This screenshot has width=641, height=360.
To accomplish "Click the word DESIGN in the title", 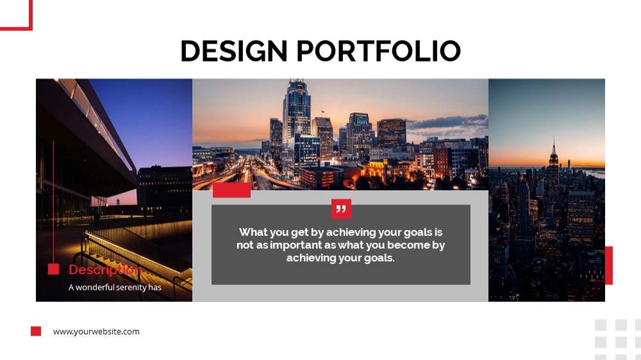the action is tap(234, 51).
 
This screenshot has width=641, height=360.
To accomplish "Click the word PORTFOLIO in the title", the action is tap(379, 51).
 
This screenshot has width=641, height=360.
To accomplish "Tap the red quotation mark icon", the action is tap(342, 209).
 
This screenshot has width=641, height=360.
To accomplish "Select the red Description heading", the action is tap(105, 270).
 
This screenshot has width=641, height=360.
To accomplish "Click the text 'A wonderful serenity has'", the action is tap(115, 287).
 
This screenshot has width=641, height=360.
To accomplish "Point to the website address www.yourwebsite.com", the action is tap(96, 331).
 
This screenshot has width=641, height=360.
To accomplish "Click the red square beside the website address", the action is tap(36, 331).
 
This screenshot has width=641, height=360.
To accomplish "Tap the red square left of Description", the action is tap(54, 269).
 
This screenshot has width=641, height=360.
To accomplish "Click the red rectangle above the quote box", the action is tap(231, 190).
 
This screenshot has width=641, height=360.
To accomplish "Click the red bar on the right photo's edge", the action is tap(609, 265).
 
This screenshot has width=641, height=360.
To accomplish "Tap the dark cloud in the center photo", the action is tap(447, 122).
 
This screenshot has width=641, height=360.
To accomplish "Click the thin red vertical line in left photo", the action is tap(54, 202).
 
